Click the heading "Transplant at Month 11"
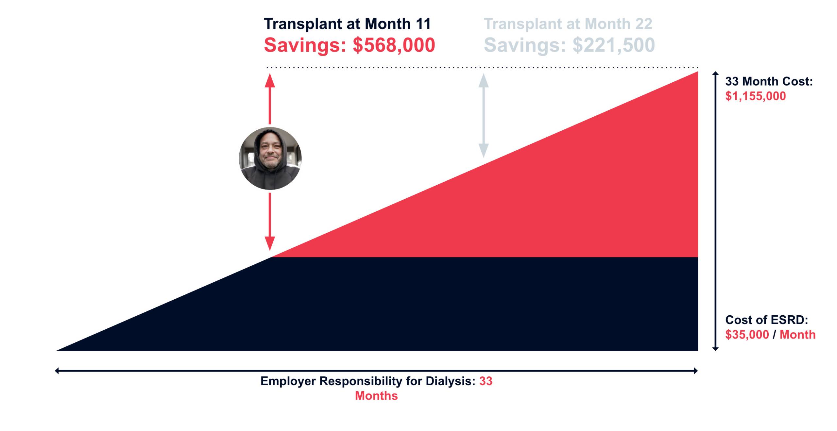[x=347, y=24]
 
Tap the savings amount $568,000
[x=394, y=45]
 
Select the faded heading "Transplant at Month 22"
[x=568, y=24]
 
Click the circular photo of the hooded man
[x=270, y=158]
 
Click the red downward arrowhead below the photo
[x=270, y=243]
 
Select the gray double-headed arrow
[x=483, y=115]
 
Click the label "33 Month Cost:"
[x=769, y=81]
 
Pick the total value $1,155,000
[x=755, y=96]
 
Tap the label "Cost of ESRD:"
[x=766, y=320]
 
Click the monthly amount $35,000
[x=747, y=335]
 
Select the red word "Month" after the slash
[x=797, y=335]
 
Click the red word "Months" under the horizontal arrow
[x=376, y=396]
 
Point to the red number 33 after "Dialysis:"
[x=486, y=381]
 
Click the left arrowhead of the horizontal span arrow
[x=57, y=371]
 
